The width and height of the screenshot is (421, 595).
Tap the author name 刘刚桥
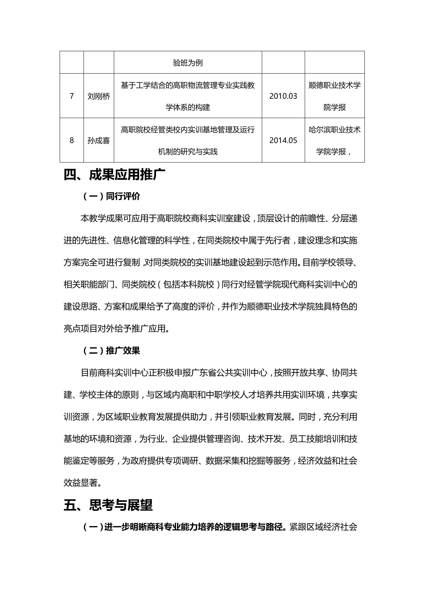98,96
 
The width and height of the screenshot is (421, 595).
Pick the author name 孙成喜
98,141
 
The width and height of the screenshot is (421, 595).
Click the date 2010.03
283,96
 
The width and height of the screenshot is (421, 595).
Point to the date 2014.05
283,140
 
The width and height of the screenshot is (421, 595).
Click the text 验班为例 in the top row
188,63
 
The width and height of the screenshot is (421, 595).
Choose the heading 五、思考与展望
108,505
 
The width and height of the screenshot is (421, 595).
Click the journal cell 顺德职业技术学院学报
334,96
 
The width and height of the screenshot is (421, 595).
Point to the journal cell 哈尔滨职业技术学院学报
334,140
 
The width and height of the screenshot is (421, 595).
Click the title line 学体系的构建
188,107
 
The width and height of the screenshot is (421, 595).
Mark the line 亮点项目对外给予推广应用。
117,329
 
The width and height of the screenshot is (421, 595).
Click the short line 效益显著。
83,483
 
